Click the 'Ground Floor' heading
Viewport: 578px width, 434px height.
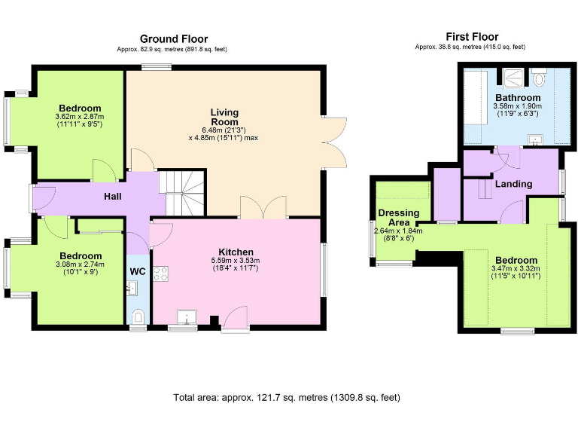(173, 39)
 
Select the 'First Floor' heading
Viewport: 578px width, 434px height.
(472, 36)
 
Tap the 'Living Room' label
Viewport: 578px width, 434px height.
(224, 118)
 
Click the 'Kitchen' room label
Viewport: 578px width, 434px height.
(236, 252)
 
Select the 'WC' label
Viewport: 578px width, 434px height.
(138, 271)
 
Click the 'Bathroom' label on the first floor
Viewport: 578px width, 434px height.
(517, 98)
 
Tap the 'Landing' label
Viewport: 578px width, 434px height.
(514, 184)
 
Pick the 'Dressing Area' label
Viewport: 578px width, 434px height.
(394, 218)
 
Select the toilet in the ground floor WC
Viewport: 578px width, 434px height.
(137, 316)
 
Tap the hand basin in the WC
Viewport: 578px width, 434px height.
(131, 286)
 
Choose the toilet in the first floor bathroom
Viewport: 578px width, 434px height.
(539, 78)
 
